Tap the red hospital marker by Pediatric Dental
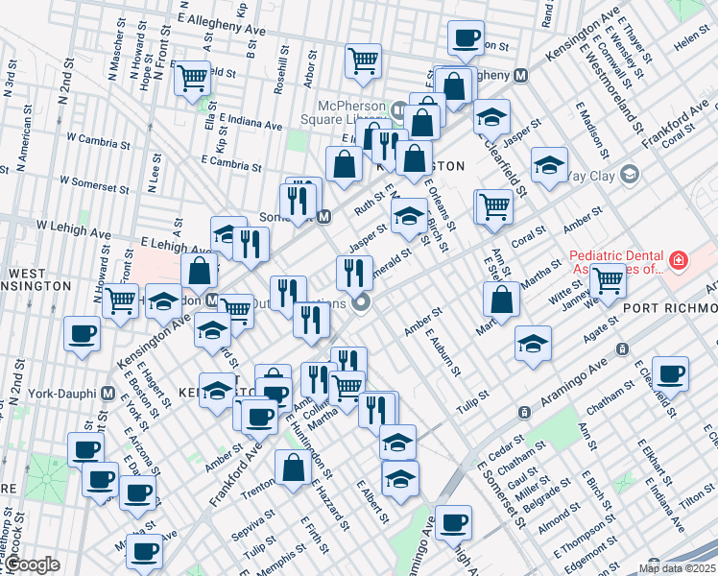click(x=679, y=259)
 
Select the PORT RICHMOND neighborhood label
click(x=669, y=307)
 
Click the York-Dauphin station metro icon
click(x=108, y=394)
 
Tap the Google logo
click(x=31, y=565)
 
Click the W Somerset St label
click(x=95, y=180)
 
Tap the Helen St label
click(x=691, y=41)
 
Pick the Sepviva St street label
click(x=259, y=530)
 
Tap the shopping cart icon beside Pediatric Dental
click(x=609, y=280)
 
